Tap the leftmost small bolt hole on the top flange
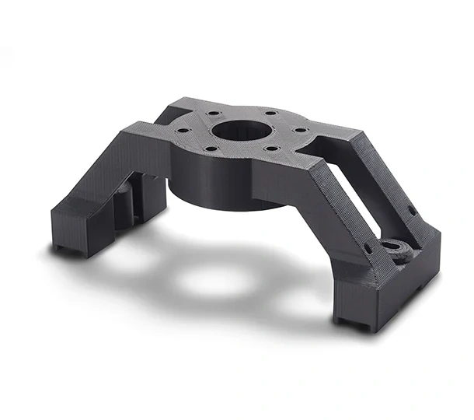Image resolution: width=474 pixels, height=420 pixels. point(183,131)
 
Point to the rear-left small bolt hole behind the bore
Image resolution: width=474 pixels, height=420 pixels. point(211,114)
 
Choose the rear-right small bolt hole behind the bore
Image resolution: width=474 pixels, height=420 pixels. point(273,117)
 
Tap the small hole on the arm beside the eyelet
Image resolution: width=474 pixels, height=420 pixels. point(368,249)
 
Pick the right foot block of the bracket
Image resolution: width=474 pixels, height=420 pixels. point(389,296)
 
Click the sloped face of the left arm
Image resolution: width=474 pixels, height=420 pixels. point(101,171)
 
